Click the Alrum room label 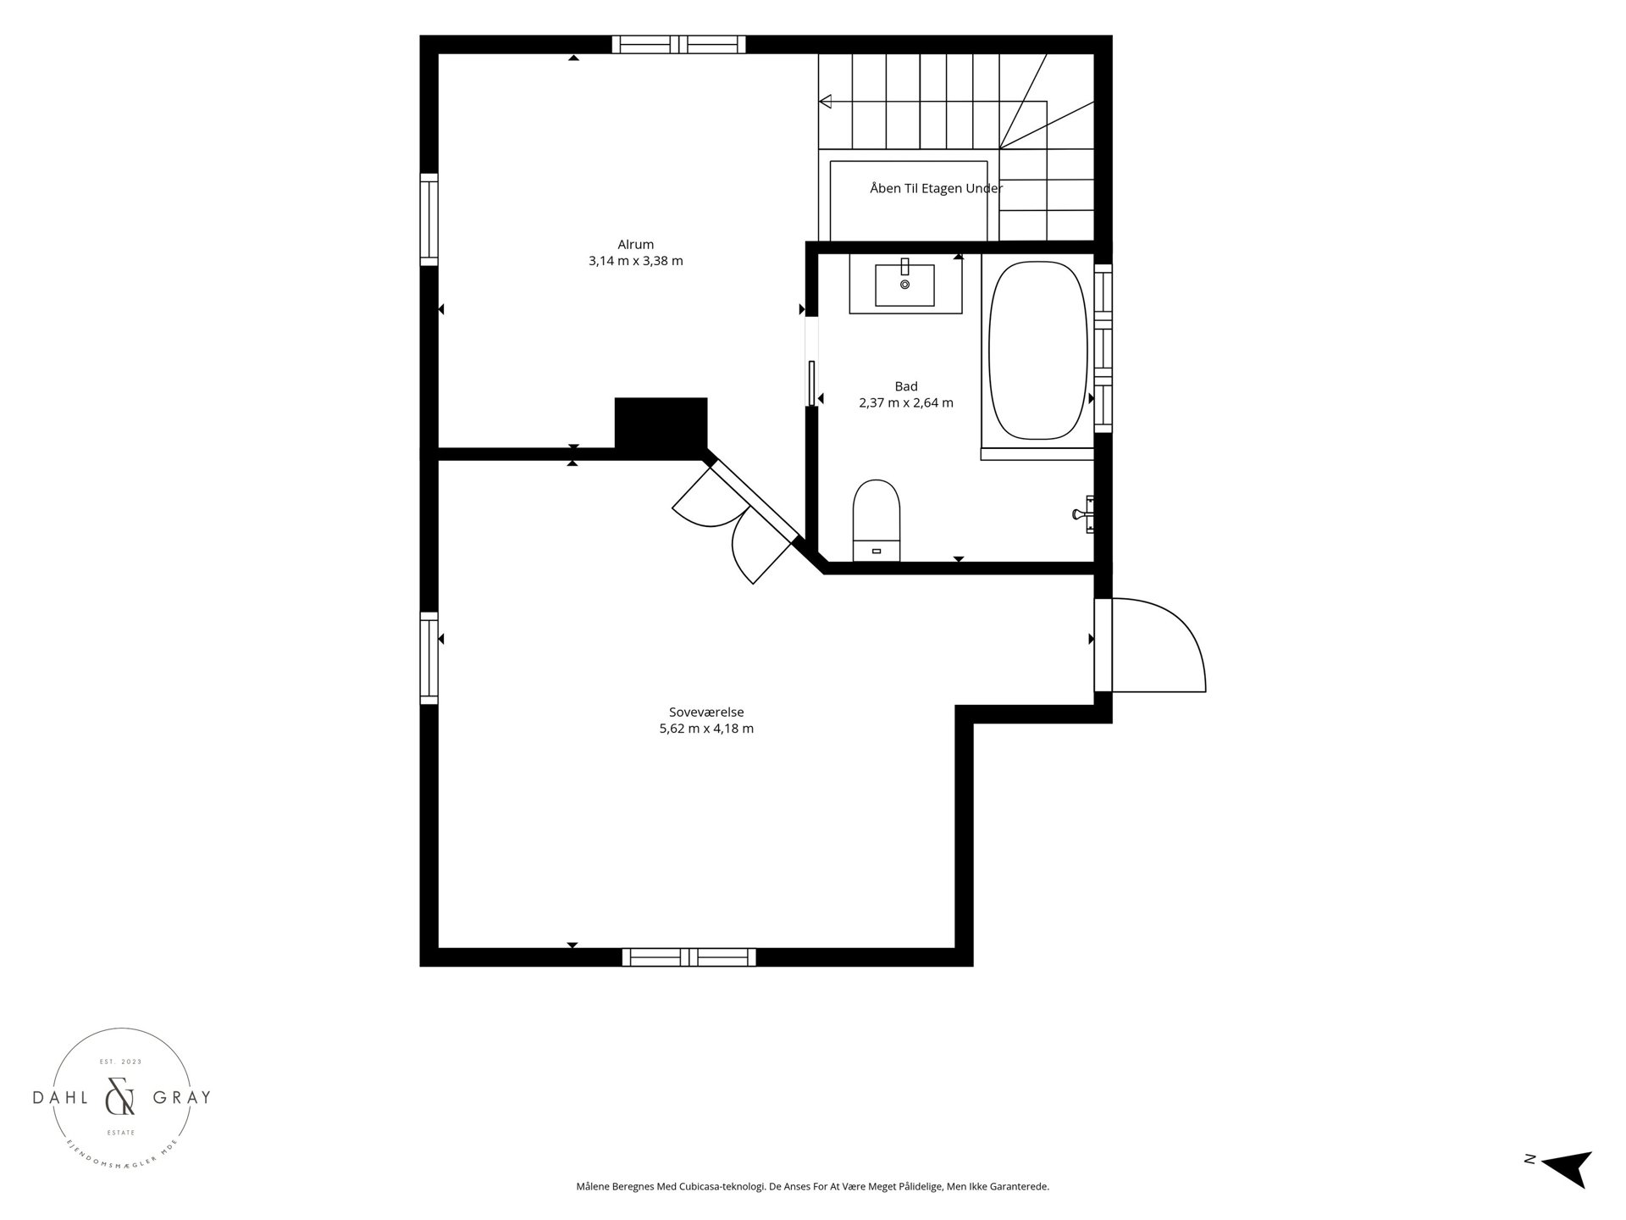point(635,245)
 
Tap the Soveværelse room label point(706,713)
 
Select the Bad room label point(906,386)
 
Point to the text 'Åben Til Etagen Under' point(936,188)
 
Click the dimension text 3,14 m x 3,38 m point(635,261)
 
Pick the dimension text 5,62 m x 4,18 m point(706,729)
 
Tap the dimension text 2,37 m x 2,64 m point(906,402)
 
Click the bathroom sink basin point(905,284)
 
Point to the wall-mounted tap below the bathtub point(1085,513)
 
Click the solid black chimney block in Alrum point(661,423)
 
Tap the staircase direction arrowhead point(825,102)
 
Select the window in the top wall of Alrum point(679,44)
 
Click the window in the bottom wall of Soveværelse point(689,957)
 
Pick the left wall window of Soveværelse point(429,658)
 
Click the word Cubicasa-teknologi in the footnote point(722,1187)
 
